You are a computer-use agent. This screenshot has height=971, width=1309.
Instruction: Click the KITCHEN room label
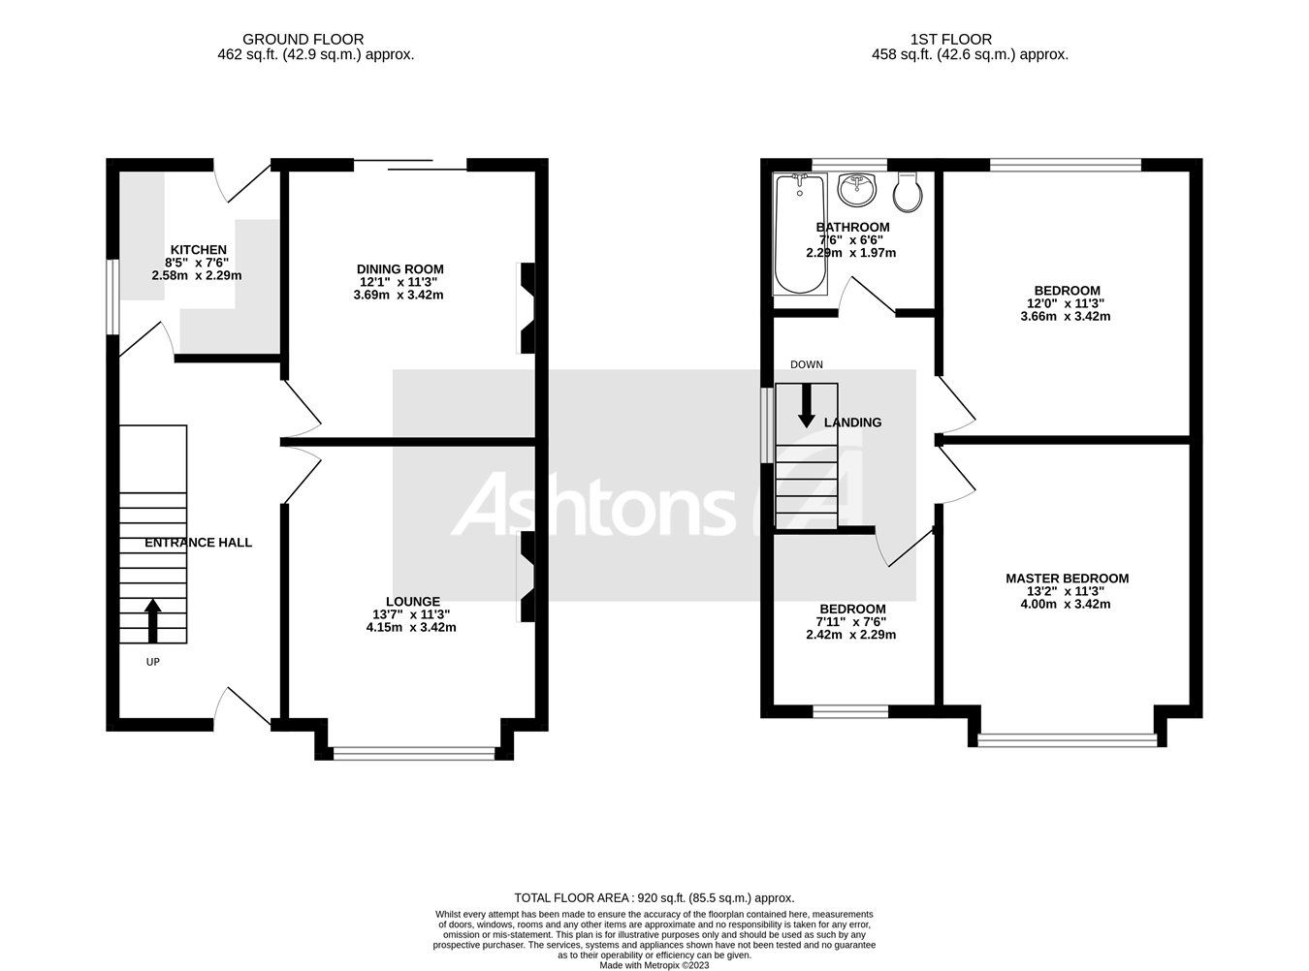[x=198, y=250]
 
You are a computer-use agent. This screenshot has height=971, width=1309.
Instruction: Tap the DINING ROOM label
[x=399, y=269]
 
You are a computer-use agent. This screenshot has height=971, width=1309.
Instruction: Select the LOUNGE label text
[x=412, y=602]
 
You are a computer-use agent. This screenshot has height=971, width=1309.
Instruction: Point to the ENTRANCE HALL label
[x=198, y=543]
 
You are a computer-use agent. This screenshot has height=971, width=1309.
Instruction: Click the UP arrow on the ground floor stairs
[x=153, y=621]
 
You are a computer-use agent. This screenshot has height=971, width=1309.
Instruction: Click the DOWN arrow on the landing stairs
[x=806, y=406]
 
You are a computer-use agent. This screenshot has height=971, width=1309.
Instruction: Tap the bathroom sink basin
[x=856, y=190]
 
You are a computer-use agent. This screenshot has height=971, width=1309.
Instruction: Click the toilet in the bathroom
[x=908, y=192]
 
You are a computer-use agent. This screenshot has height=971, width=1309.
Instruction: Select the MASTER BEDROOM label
[x=1067, y=579]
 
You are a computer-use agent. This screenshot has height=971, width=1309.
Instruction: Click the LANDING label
[x=852, y=423]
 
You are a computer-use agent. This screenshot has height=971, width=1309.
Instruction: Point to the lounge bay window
[x=414, y=751]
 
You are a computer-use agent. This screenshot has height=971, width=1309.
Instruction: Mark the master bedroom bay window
[x=1068, y=740]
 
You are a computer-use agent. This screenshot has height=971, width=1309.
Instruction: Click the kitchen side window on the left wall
[x=112, y=297]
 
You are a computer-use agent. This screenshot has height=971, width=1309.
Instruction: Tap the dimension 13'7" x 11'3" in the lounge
[x=411, y=614]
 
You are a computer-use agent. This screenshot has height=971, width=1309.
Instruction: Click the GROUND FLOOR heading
[x=303, y=40]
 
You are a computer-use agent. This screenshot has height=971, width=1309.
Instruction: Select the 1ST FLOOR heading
[x=950, y=40]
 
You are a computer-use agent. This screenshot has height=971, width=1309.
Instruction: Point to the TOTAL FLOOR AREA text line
[x=654, y=898]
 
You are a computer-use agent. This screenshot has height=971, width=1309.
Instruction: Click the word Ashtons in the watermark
[x=593, y=505]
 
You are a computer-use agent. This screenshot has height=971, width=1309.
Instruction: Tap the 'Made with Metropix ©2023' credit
[x=654, y=965]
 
